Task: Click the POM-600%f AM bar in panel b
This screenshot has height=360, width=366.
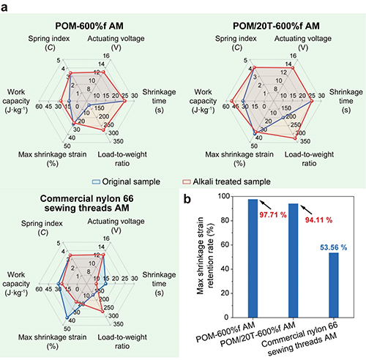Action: [253, 258]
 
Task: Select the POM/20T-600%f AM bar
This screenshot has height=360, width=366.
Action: [294, 260]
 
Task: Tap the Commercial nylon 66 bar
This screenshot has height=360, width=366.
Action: [334, 285]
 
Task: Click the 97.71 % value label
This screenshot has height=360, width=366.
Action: [273, 215]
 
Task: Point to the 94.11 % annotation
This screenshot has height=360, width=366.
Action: [318, 220]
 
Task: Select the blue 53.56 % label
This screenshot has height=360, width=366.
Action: [334, 247]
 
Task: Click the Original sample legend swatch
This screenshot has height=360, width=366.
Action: [96, 181]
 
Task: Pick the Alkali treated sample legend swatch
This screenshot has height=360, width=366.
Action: [187, 181]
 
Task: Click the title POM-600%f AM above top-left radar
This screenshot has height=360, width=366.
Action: [89, 26]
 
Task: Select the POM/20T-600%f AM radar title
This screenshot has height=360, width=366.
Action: [276, 26]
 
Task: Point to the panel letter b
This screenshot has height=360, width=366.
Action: [187, 199]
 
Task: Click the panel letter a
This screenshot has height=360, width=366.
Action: [4, 8]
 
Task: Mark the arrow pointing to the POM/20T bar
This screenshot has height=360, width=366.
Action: [307, 209]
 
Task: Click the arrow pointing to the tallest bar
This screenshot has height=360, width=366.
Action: [265, 205]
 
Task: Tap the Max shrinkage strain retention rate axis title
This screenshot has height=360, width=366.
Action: [205, 255]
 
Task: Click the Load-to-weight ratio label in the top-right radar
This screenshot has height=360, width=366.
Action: [309, 159]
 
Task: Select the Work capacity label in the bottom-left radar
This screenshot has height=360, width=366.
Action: [16, 284]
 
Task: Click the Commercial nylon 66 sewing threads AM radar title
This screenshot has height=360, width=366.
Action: [87, 203]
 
